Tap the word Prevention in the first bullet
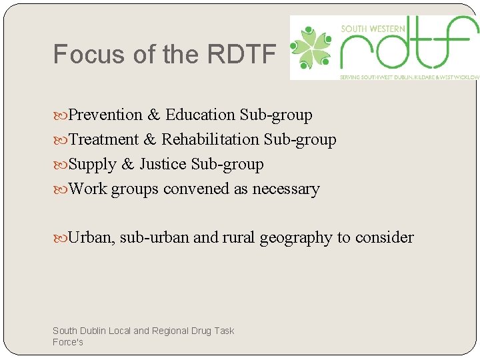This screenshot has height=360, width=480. [105, 115]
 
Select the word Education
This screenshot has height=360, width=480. [200, 115]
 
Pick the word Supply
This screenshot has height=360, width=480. [92, 164]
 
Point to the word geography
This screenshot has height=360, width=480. [299, 238]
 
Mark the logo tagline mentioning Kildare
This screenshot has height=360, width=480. [409, 77]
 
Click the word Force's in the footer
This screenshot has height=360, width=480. [68, 342]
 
